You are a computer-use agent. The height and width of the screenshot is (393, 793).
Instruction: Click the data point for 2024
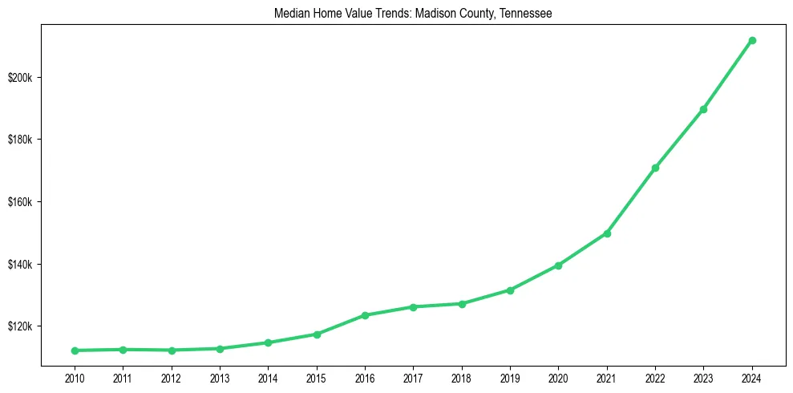coord(752,40)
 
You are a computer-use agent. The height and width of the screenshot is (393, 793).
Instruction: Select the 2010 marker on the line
coord(75,350)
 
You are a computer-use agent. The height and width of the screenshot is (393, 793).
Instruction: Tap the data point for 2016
coord(365,315)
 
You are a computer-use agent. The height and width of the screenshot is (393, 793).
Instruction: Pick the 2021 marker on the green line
coord(607,233)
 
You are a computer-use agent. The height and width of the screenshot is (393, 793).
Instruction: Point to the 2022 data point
coord(655,168)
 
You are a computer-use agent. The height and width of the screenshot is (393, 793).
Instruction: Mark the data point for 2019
coord(510,290)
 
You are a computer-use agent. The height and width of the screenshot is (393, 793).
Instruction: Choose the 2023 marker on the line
coord(703,109)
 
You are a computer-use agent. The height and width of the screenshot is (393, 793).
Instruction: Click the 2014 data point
coord(268,342)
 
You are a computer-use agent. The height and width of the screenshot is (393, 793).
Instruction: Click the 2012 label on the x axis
coord(172,377)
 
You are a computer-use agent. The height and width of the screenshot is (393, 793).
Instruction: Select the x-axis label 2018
coord(462,377)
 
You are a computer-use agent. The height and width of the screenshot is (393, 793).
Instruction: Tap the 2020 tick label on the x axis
coord(558,377)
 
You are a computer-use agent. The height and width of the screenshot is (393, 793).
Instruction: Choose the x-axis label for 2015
coord(317,377)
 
